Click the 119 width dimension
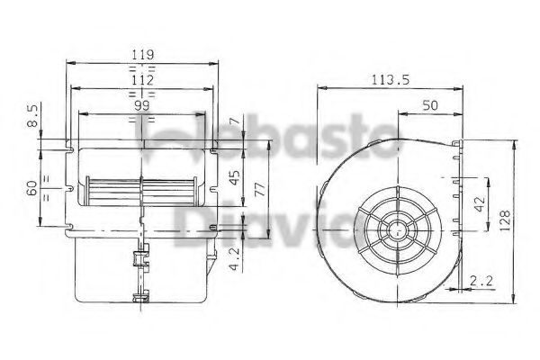click(140, 55)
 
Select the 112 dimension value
click(140, 79)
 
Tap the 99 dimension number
click(140, 105)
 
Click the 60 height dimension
click(33, 188)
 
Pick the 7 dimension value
click(233, 121)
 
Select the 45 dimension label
click(234, 175)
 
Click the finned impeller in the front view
click(140, 192)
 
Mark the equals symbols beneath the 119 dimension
click(140, 67)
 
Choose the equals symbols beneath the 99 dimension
click(140, 118)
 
